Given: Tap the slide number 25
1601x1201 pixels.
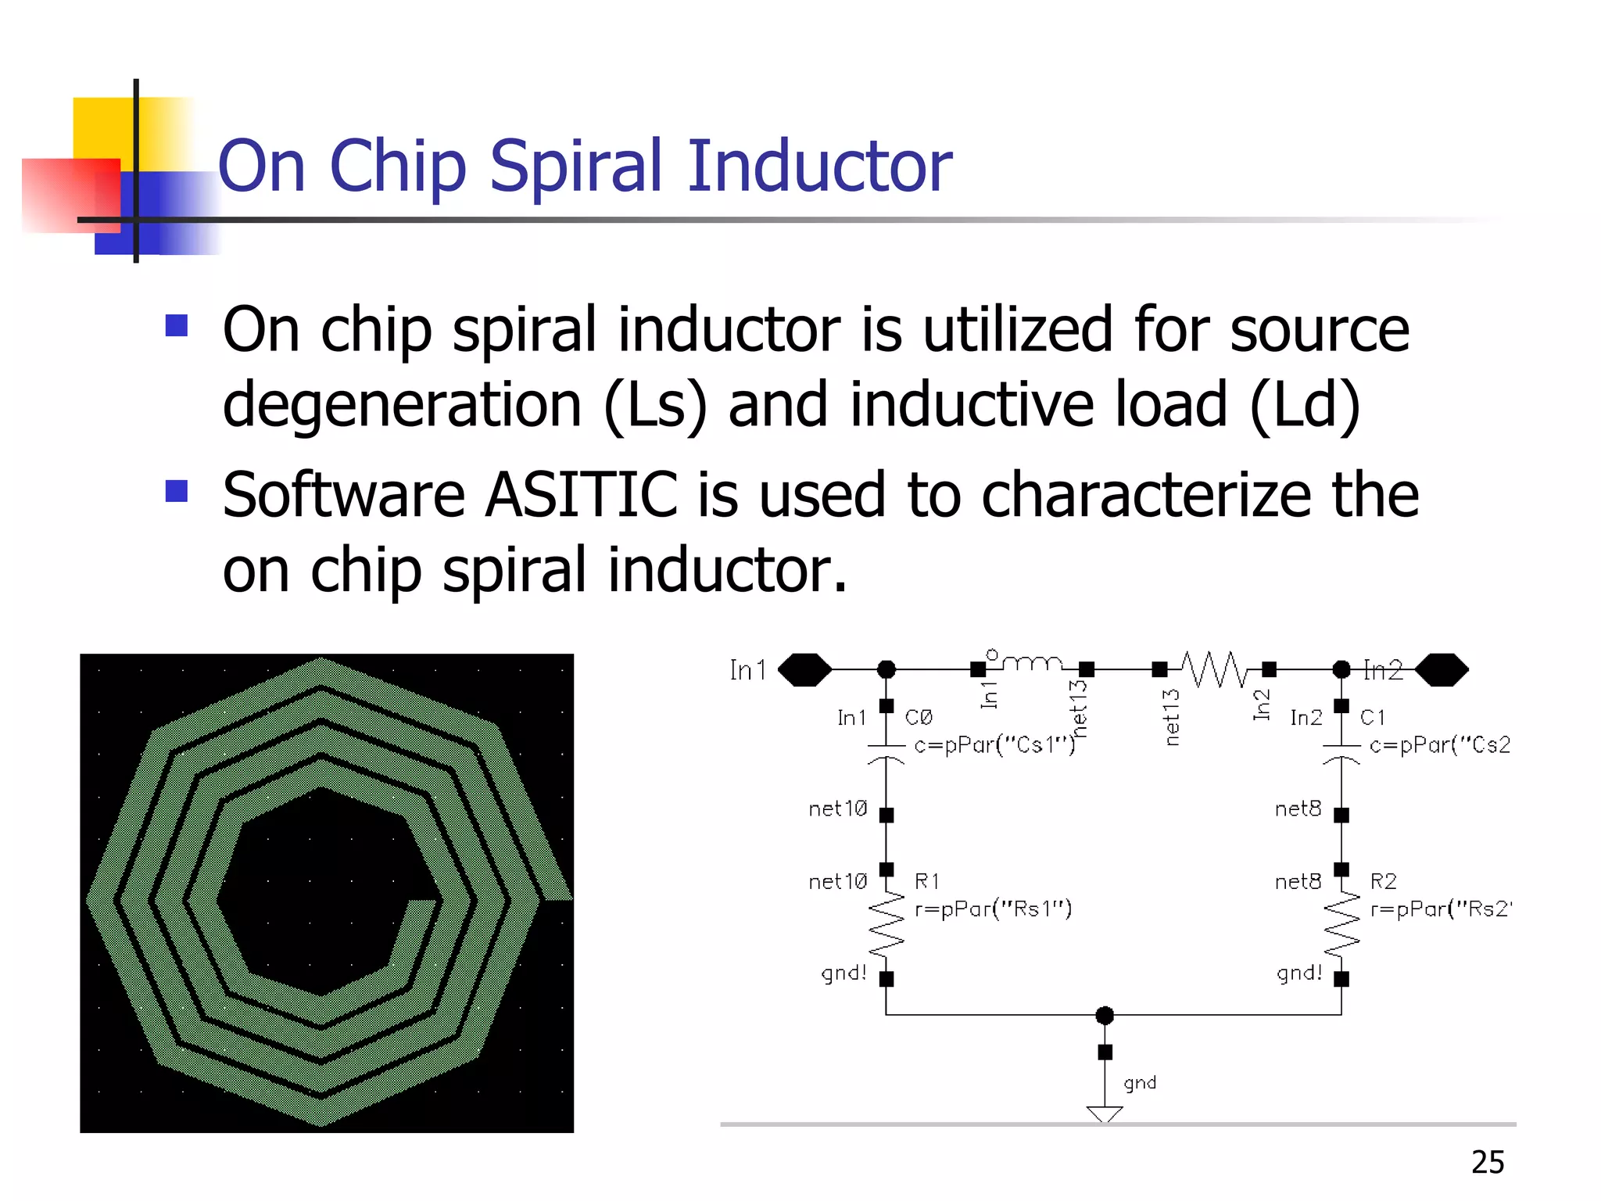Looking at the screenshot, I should (1487, 1162).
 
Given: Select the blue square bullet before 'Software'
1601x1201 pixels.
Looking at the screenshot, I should (177, 491).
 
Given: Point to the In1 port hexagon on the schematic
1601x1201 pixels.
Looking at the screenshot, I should (804, 669).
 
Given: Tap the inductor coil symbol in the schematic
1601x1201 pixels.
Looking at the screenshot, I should (1032, 663).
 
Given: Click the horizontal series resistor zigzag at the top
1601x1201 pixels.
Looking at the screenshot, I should (1214, 669).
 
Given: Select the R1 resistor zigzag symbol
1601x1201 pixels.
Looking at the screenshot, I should (886, 924).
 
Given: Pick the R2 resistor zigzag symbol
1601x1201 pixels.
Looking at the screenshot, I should (1341, 924).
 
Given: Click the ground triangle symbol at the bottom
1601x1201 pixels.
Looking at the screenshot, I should (1105, 1113).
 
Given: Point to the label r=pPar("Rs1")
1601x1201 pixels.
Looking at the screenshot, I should (993, 909).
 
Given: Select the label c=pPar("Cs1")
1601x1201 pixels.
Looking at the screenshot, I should (994, 744).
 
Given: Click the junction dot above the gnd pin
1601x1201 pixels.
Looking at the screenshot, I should (1105, 1015).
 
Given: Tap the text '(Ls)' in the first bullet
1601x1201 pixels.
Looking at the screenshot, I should (655, 405).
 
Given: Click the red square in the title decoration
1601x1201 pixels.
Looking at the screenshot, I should (70, 195).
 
